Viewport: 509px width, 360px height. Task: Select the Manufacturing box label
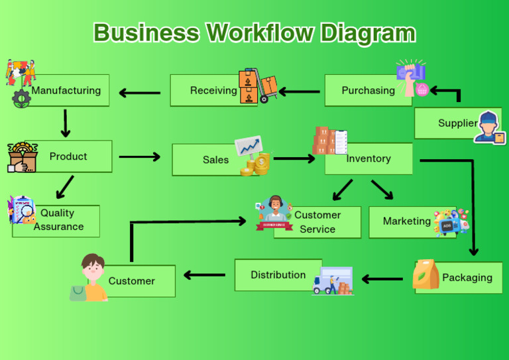[66, 90]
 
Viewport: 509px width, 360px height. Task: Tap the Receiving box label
[213, 90]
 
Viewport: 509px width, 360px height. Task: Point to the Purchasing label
[368, 90]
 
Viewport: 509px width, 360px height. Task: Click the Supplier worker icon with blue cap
[489, 127]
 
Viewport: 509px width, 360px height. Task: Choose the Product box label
[68, 156]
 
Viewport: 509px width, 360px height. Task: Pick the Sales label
[215, 160]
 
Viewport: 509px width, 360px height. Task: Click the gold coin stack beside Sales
[256, 164]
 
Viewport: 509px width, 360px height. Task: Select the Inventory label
[368, 158]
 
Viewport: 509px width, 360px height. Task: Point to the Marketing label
[407, 221]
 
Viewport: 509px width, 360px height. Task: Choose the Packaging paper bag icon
[425, 274]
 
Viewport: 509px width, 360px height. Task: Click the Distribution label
[278, 274]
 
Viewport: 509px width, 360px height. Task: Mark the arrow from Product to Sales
[140, 157]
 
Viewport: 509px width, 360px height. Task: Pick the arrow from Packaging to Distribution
[382, 279]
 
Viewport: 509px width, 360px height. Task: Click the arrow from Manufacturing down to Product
[65, 123]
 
